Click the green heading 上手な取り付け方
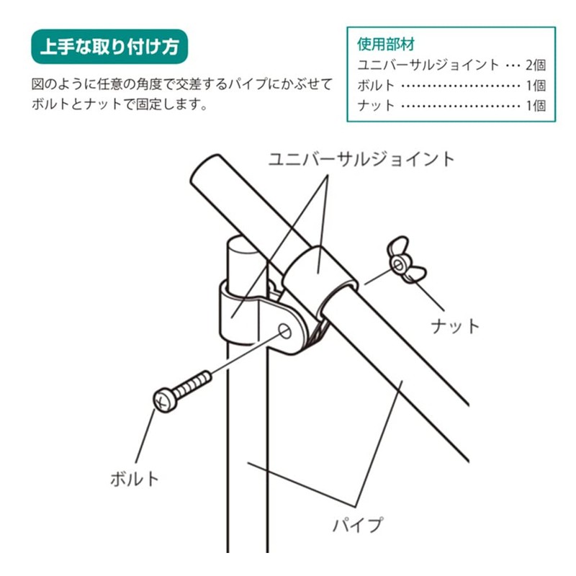point(109,48)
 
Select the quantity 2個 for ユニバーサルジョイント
point(535,65)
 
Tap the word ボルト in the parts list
point(376,85)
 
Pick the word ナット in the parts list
point(376,105)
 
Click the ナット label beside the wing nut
point(455,326)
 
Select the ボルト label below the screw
point(134,478)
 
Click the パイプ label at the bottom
point(357,524)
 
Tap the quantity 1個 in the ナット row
point(535,105)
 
